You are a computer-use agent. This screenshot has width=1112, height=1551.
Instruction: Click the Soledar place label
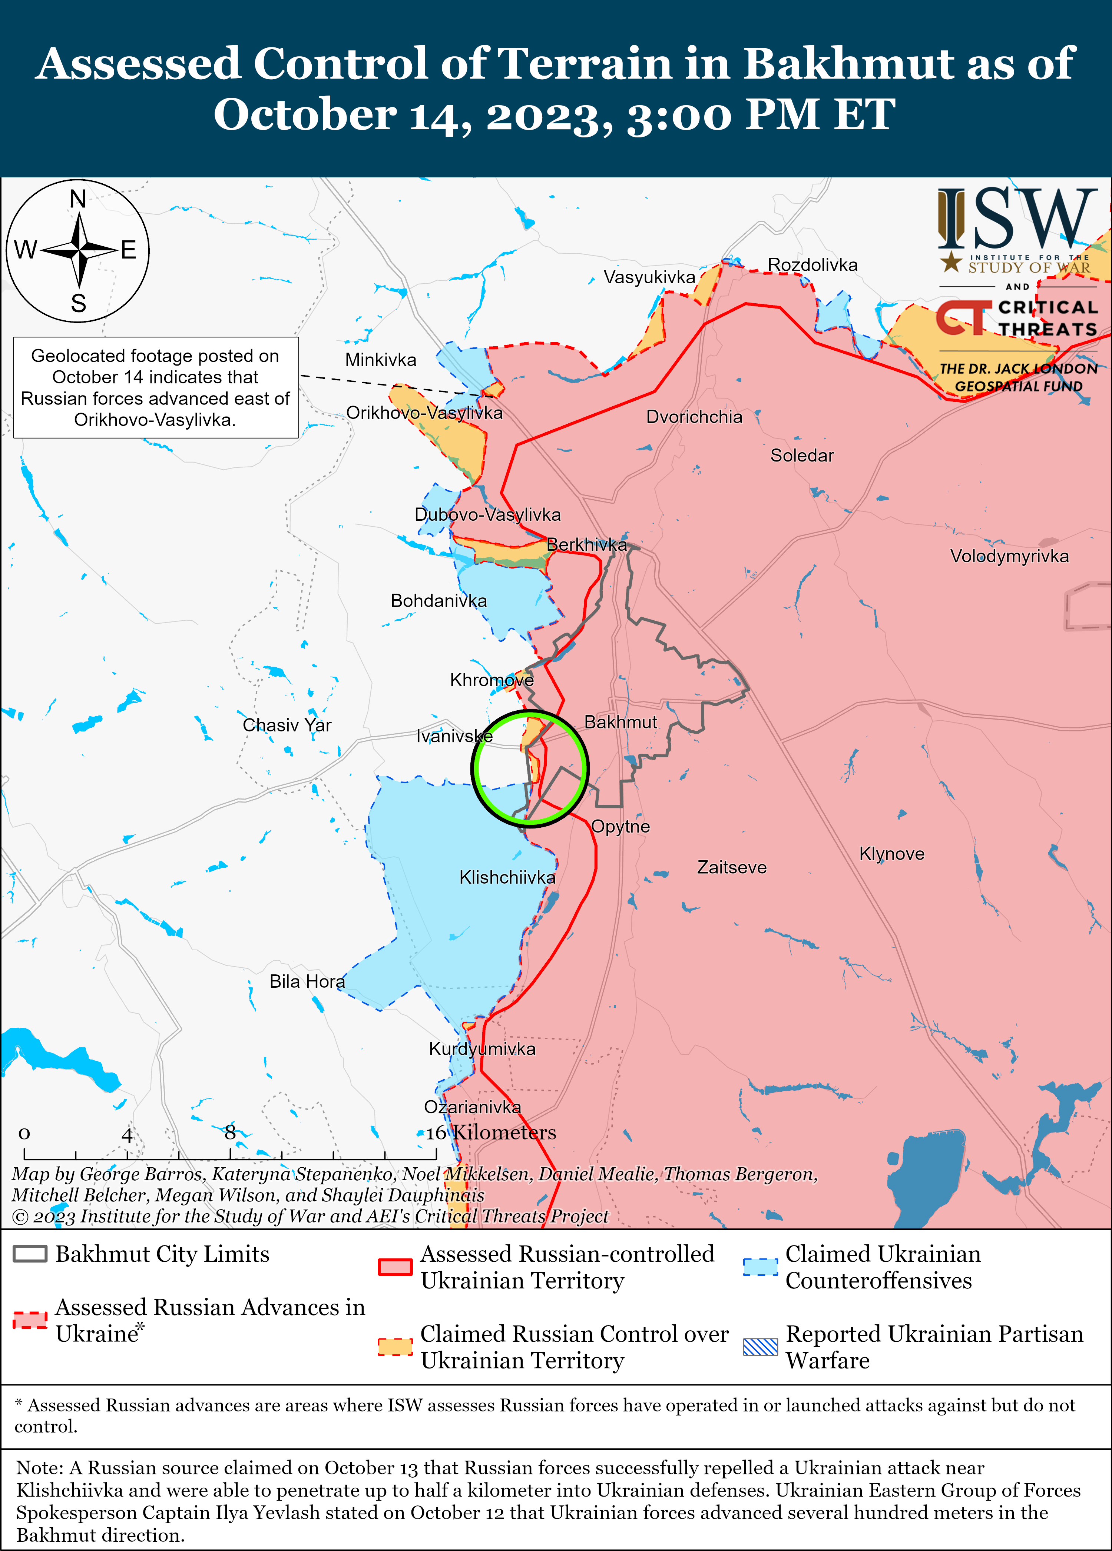pyautogui.click(x=802, y=456)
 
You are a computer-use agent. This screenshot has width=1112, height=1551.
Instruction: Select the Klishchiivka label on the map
pyautogui.click(x=507, y=877)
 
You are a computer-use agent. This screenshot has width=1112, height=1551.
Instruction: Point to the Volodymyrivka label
pyautogui.click(x=1009, y=556)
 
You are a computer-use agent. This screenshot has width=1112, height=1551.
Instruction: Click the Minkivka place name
pyautogui.click(x=380, y=360)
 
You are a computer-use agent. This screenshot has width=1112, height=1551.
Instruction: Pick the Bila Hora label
pyautogui.click(x=307, y=981)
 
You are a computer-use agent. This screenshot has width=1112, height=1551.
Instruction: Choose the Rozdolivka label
pyautogui.click(x=812, y=265)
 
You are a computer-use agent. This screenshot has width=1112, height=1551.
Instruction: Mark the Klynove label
pyautogui.click(x=892, y=854)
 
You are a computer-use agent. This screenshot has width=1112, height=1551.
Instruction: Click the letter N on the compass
pyautogui.click(x=78, y=199)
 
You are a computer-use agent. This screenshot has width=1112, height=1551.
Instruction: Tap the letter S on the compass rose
pyautogui.click(x=79, y=303)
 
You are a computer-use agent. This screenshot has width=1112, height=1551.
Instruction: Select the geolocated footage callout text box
pyautogui.click(x=155, y=387)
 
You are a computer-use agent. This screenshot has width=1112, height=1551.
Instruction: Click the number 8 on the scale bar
pyautogui.click(x=230, y=1133)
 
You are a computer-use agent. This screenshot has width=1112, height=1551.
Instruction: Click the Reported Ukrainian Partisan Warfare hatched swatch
pyautogui.click(x=760, y=1347)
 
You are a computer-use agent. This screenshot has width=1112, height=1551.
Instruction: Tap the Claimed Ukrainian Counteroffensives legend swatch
pyautogui.click(x=760, y=1267)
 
